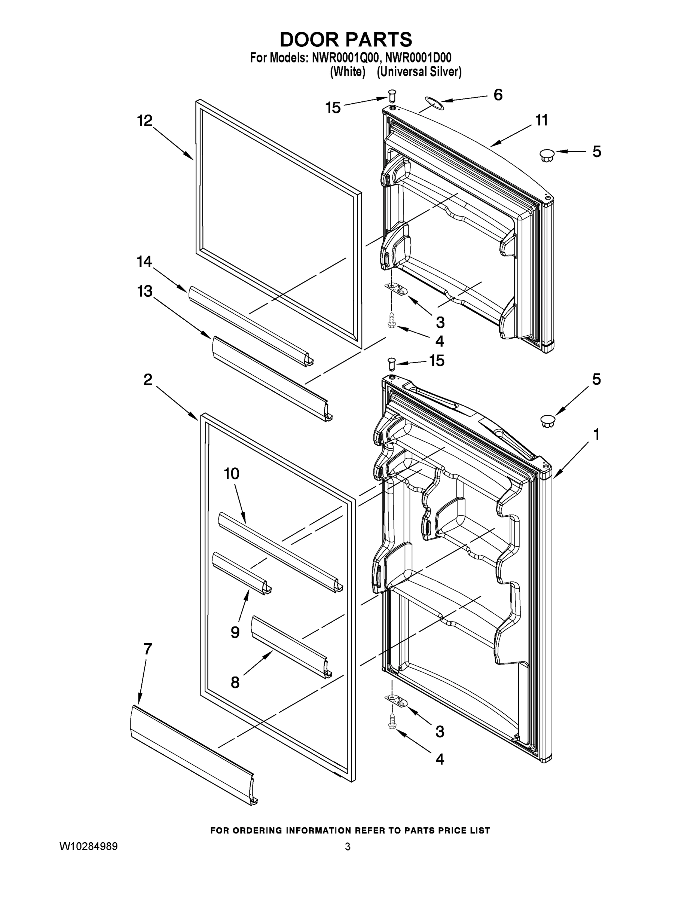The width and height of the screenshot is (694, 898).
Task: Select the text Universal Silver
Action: (x=419, y=72)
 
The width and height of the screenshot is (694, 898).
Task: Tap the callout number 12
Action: (x=145, y=120)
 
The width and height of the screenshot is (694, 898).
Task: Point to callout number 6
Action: (x=498, y=95)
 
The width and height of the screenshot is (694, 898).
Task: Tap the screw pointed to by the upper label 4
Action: (x=391, y=320)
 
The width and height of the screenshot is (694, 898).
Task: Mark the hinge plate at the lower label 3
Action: (x=396, y=701)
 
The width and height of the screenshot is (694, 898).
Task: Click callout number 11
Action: (x=541, y=120)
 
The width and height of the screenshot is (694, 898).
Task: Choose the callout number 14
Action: (x=144, y=262)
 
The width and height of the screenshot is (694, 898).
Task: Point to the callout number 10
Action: (x=232, y=474)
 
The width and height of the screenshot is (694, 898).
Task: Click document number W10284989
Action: (x=89, y=847)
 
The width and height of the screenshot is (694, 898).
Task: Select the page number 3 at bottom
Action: (x=348, y=847)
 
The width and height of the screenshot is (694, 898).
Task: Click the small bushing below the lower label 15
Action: (x=391, y=364)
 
